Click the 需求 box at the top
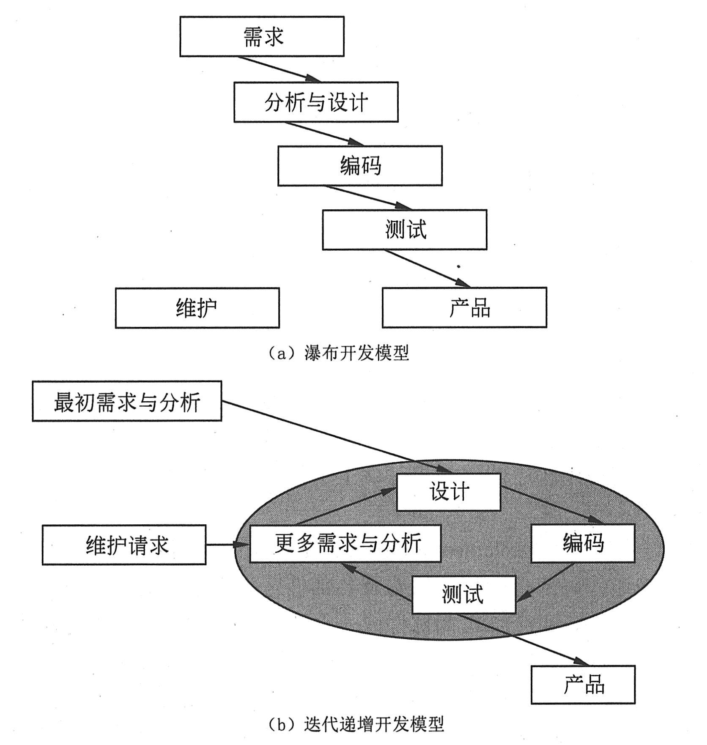262,36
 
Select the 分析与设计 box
316,102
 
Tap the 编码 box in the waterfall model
360,166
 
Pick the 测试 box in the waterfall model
404,230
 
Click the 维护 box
197,308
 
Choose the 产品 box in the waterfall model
464,307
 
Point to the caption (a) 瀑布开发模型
338,353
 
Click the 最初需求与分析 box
127,401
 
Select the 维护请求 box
124,545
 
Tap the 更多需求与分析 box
345,543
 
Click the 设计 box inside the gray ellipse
448,492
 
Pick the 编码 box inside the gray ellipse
583,543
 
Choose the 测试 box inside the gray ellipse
463,594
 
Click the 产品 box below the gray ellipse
583,685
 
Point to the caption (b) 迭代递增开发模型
356,724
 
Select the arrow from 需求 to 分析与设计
279,69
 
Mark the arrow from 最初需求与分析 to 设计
334,435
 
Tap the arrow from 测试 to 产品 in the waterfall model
427,268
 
